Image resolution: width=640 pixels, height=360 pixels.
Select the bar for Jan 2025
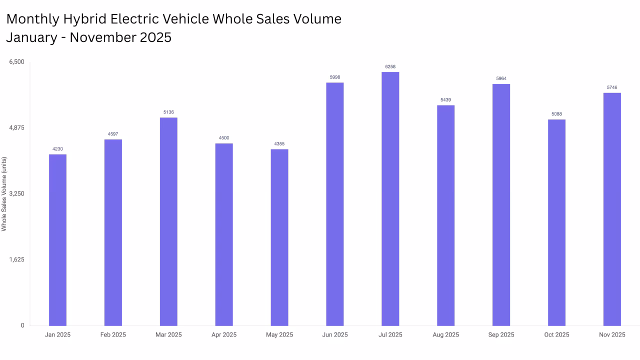click(57, 240)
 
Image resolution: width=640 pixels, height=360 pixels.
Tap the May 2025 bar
click(279, 237)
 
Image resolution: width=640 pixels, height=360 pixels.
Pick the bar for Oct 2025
click(556, 222)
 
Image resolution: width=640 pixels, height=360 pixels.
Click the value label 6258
click(390, 66)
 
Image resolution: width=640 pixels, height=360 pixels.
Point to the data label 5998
click(334, 77)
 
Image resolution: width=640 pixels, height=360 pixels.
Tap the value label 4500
click(224, 138)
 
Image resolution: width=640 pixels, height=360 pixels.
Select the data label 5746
click(612, 87)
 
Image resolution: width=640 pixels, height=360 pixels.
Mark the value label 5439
click(445, 100)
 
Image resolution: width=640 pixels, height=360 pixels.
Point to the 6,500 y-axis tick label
click(16, 61)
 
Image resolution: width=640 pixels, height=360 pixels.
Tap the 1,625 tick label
click(16, 259)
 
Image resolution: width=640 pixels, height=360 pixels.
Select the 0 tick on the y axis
click(22, 325)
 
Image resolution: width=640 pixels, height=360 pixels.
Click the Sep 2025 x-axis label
click(501, 334)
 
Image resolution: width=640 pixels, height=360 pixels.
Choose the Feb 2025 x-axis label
click(113, 334)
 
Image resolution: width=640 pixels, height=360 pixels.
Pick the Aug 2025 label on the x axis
click(445, 334)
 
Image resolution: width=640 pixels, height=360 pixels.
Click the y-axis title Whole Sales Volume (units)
click(4, 194)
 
